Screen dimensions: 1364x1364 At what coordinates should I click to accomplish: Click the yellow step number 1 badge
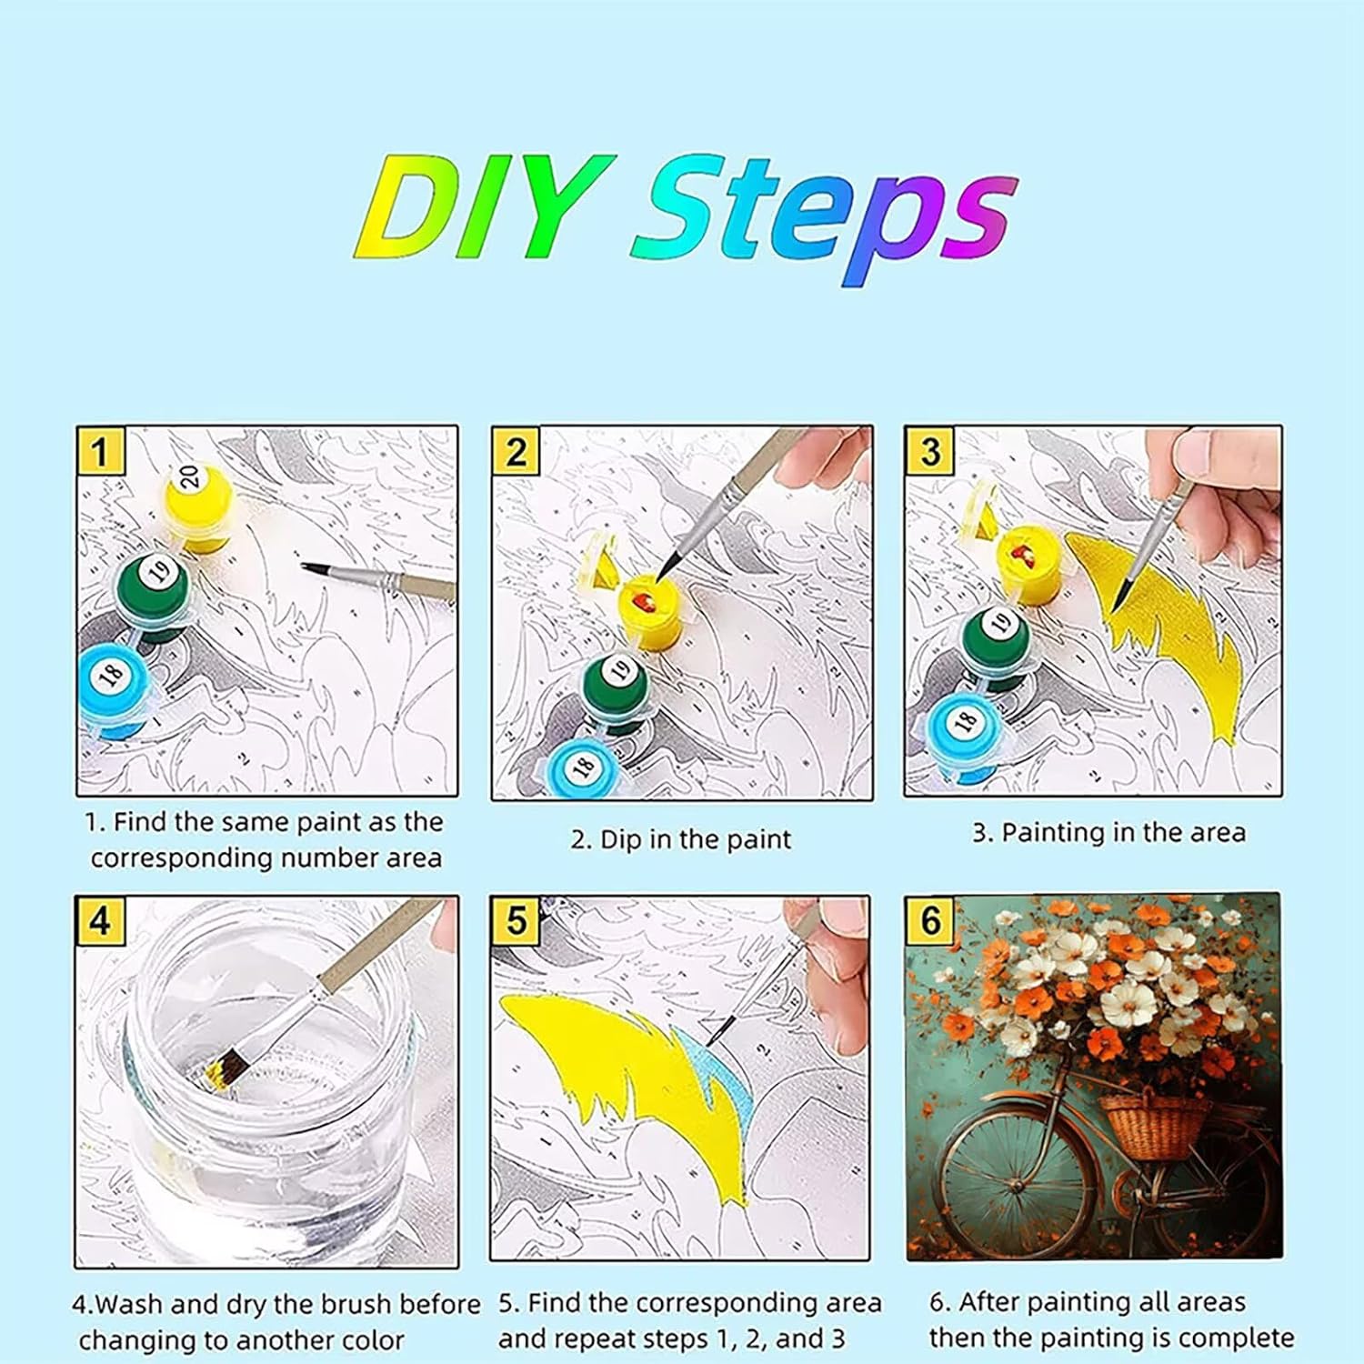tap(100, 451)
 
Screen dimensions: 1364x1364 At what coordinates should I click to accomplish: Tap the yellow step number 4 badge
tap(100, 920)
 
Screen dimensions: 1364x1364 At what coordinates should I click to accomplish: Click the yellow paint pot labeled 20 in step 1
tap(196, 504)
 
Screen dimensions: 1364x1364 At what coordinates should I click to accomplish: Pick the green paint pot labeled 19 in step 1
tap(153, 591)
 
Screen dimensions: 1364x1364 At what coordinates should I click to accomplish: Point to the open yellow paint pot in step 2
tap(654, 614)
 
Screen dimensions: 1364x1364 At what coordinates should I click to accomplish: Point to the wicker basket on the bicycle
tap(1155, 1126)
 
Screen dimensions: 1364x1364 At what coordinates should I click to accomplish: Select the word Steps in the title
tap(823, 218)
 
